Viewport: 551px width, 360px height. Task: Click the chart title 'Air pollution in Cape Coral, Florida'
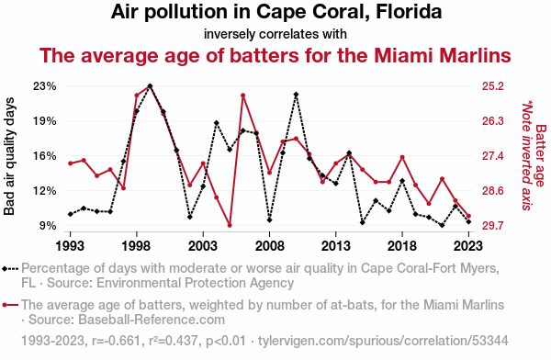[x=276, y=12]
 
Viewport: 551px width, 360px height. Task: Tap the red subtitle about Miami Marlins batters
[x=275, y=55]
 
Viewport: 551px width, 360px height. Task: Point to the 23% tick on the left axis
[x=45, y=86]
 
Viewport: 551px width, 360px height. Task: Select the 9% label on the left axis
[x=48, y=225]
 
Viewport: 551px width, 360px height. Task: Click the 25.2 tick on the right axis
[x=492, y=86]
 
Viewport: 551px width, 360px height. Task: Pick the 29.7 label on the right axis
[x=492, y=225]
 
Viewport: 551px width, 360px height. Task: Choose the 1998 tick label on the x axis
[x=136, y=246]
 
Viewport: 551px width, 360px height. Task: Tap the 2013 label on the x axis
[x=335, y=246]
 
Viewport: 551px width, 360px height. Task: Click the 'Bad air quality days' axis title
[x=9, y=156]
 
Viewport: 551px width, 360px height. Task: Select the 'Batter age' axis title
[x=541, y=156]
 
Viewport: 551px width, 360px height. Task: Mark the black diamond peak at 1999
[x=150, y=85]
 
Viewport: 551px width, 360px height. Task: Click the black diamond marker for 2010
[x=296, y=95]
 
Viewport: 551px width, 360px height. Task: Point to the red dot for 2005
[x=230, y=225]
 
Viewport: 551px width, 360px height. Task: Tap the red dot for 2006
[x=242, y=96]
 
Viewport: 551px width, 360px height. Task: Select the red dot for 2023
[x=468, y=216]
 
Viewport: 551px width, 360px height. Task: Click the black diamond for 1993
[x=71, y=214]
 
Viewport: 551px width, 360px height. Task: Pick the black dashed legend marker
[x=10, y=269]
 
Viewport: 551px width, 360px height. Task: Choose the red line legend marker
[x=10, y=305]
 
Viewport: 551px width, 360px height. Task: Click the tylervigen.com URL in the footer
[x=383, y=341]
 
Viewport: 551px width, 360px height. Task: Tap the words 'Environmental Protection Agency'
[x=195, y=283]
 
